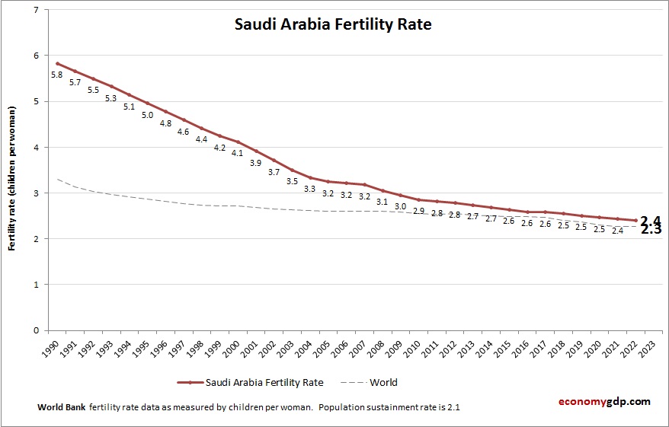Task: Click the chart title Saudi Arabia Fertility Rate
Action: point(332,24)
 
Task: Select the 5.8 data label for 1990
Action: point(56,75)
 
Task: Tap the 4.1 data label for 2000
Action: point(237,153)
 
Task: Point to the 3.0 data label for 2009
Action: point(400,206)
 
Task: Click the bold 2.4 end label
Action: point(650,221)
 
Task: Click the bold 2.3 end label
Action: point(650,229)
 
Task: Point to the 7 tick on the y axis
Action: point(35,10)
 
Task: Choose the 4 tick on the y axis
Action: point(35,148)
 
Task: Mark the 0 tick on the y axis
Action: point(35,330)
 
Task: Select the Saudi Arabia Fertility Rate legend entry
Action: point(251,382)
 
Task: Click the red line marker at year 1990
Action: point(56,63)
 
